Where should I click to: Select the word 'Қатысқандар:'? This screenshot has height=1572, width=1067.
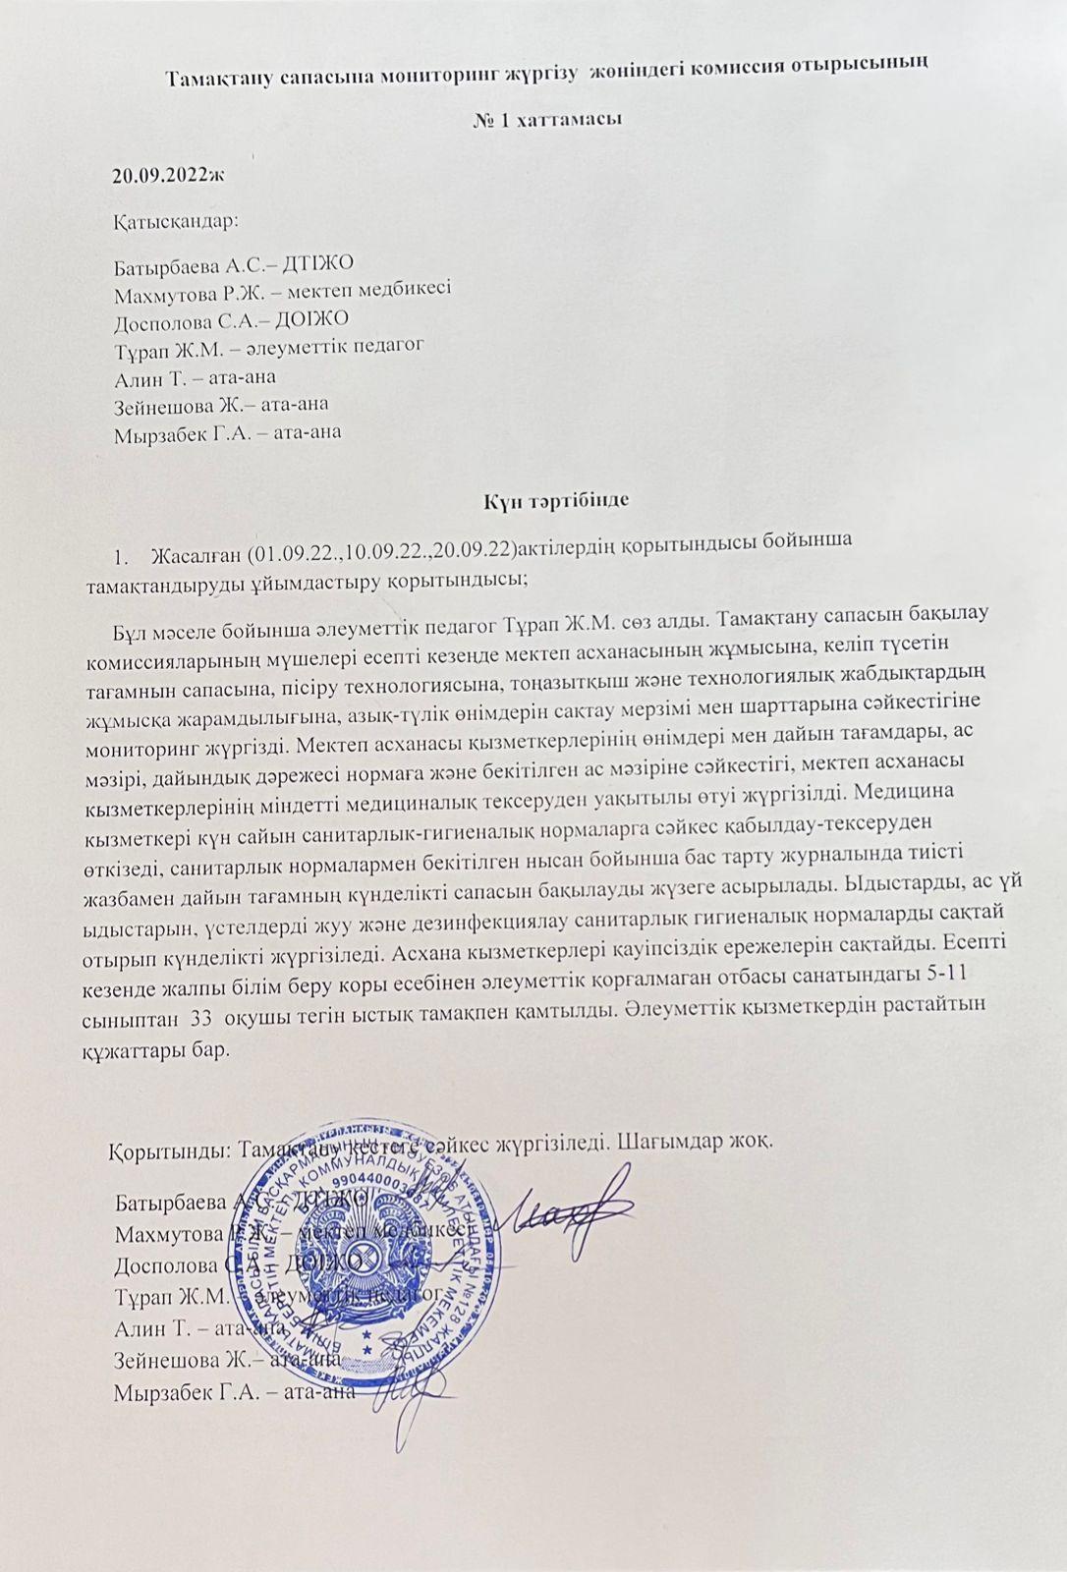point(176,221)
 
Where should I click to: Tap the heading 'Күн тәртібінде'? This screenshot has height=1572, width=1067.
point(555,499)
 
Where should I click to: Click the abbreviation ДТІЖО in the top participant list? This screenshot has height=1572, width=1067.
point(317,263)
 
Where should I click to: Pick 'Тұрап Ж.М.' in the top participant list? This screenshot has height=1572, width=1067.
point(160,347)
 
